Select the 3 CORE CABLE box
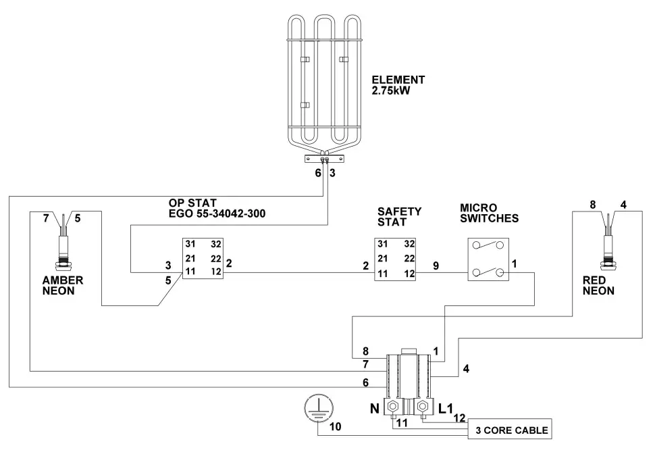click(x=512, y=430)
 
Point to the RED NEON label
click(x=598, y=286)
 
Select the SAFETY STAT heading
click(x=400, y=216)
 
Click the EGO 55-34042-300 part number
click(x=217, y=214)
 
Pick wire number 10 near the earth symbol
click(x=336, y=428)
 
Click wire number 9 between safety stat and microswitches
click(x=436, y=266)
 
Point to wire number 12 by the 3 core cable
click(x=459, y=418)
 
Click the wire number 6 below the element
click(x=319, y=174)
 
